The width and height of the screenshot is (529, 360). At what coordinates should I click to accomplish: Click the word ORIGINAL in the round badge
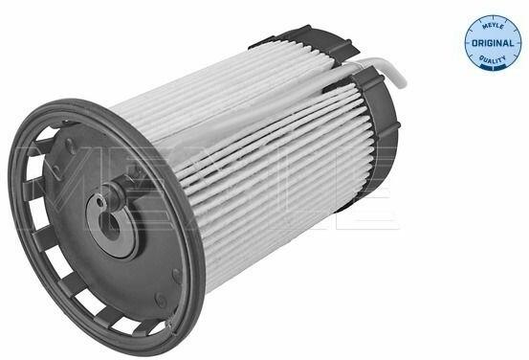[493, 43]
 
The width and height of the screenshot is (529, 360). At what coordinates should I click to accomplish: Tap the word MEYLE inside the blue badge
[493, 25]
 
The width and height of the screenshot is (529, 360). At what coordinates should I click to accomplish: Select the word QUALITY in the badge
[493, 60]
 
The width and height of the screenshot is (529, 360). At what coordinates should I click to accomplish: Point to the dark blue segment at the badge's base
[494, 68]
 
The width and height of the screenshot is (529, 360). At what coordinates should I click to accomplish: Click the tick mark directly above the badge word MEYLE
[493, 17]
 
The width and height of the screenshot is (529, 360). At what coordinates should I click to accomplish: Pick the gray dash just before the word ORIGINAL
[468, 44]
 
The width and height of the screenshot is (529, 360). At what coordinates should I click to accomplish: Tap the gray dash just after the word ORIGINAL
[518, 44]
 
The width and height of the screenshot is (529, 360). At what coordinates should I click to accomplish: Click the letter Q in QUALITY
[482, 58]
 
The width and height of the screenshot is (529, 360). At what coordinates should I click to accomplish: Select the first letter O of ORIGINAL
[474, 44]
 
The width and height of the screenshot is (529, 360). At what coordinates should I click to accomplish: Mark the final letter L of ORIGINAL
[512, 44]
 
